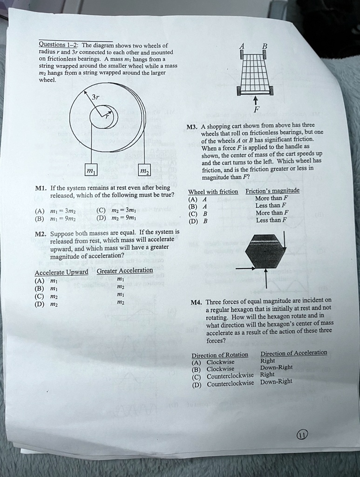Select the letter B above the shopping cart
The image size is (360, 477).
pyautogui.click(x=265, y=46)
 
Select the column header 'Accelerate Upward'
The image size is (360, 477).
pyautogui.click(x=61, y=272)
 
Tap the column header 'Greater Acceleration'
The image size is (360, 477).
pyautogui.click(x=124, y=271)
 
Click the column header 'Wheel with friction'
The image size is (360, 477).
pyautogui.click(x=213, y=192)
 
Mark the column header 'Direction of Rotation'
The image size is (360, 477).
pyautogui.click(x=220, y=354)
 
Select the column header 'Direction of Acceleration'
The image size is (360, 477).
pyautogui.click(x=293, y=353)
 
